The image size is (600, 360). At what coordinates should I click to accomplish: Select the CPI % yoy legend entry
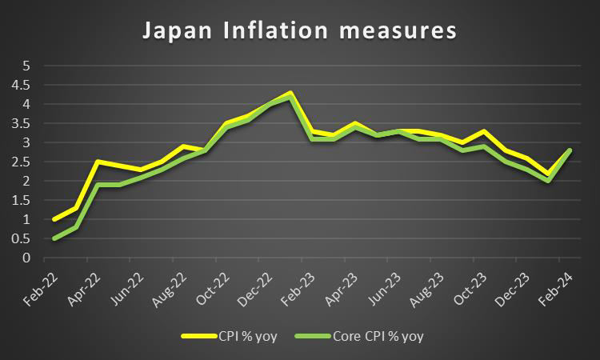coord(240,336)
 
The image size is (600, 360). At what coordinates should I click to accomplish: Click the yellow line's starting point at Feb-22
coord(54,219)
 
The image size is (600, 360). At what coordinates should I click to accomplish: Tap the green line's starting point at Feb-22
coord(54,238)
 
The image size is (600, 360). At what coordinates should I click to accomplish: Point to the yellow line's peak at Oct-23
coord(483,130)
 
